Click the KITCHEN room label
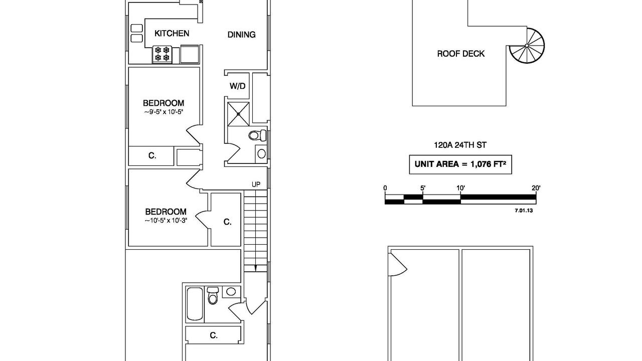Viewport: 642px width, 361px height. coord(172,34)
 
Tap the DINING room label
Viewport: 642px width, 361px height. coord(241,35)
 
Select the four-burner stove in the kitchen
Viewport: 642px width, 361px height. coord(162,54)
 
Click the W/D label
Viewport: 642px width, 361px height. coord(237,86)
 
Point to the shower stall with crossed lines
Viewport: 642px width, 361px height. coord(238,114)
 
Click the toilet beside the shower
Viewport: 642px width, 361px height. coord(258,135)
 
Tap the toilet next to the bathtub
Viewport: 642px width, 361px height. coord(213,295)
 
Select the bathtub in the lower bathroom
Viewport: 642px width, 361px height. coord(195,304)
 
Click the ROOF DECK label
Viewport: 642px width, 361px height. coord(460,54)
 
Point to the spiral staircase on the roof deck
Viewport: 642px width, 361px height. coord(527,46)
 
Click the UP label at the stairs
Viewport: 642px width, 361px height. coord(256,185)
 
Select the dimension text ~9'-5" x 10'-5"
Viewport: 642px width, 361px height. coord(164,112)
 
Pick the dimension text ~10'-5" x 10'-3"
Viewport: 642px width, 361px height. coord(166,220)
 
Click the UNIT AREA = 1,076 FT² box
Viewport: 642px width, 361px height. coord(460,164)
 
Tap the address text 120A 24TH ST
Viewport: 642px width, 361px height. coord(460,145)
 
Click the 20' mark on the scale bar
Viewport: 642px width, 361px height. coord(536,188)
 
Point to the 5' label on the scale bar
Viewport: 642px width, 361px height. coord(423,188)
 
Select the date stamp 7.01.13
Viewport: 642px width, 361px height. coord(524,211)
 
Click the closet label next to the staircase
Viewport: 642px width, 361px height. coord(227,222)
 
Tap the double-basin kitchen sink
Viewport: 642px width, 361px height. coord(137,33)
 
